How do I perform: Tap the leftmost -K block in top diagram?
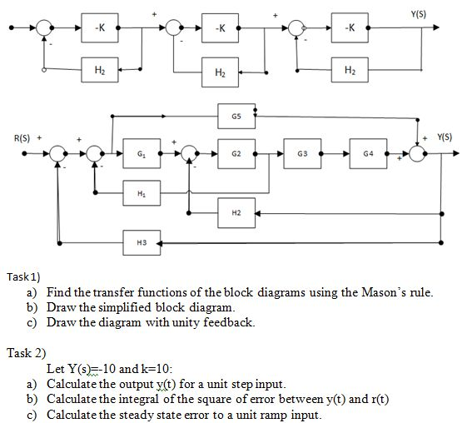(99, 29)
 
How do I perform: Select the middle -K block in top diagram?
(217, 29)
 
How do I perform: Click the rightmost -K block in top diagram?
(350, 29)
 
